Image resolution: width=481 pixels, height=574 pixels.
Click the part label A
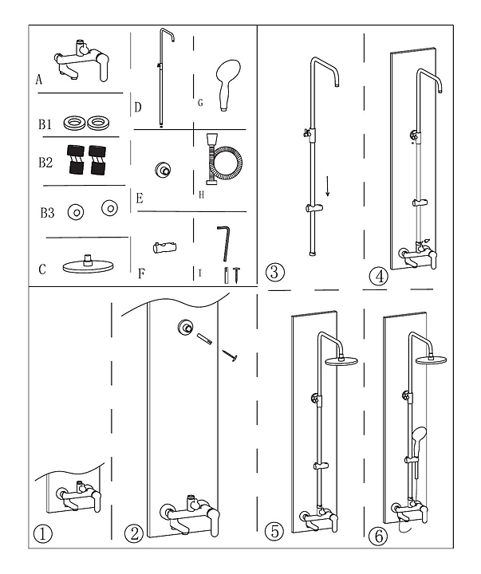(39, 80)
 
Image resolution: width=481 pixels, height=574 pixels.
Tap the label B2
(45, 162)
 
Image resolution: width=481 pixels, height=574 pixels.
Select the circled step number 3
(274, 273)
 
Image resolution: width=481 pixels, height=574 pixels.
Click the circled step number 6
(378, 536)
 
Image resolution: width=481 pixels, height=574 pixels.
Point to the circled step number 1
(43, 534)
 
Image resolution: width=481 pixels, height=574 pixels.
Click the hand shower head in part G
(228, 85)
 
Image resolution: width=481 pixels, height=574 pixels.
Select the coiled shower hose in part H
(223, 159)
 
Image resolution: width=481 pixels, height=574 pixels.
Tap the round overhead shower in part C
(89, 265)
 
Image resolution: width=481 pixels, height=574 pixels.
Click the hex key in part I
(224, 242)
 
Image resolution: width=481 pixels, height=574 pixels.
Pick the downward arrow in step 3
(328, 187)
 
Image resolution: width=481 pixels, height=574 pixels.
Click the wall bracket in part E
(162, 170)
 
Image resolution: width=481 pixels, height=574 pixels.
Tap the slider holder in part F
(164, 247)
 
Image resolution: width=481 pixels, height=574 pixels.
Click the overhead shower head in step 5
(341, 360)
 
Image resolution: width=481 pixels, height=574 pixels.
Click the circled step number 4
(378, 277)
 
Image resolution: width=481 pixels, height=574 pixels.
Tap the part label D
(138, 108)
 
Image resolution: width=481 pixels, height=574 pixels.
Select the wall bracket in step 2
(184, 327)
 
